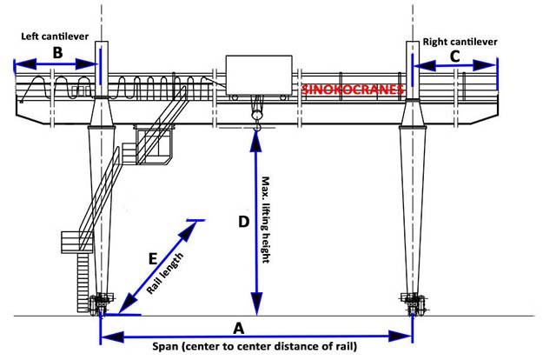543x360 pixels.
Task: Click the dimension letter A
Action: pyautogui.click(x=239, y=328)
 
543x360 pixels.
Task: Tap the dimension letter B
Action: pyautogui.click(x=57, y=53)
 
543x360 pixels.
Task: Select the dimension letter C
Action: pyautogui.click(x=454, y=57)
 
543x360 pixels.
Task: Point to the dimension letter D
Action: pyautogui.click(x=244, y=222)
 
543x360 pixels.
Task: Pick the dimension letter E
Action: pyautogui.click(x=153, y=258)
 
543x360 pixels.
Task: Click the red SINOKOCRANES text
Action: pyautogui.click(x=353, y=90)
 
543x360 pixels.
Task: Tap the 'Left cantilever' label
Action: pyautogui.click(x=55, y=36)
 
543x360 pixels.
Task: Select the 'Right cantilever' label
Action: pyautogui.click(x=460, y=42)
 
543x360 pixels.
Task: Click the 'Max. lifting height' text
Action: pyautogui.click(x=265, y=220)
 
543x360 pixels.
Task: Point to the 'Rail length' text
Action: pyautogui.click(x=165, y=274)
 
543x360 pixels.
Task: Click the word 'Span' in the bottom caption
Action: pyautogui.click(x=165, y=346)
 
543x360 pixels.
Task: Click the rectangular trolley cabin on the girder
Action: pyautogui.click(x=259, y=75)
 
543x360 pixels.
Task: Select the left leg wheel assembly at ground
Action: pyautogui.click(x=101, y=303)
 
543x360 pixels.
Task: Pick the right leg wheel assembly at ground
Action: pyautogui.click(x=413, y=303)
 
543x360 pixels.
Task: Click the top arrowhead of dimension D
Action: pyautogui.click(x=256, y=141)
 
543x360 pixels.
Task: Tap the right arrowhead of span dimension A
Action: pyautogui.click(x=400, y=337)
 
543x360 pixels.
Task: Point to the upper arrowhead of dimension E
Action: pyautogui.click(x=188, y=231)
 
